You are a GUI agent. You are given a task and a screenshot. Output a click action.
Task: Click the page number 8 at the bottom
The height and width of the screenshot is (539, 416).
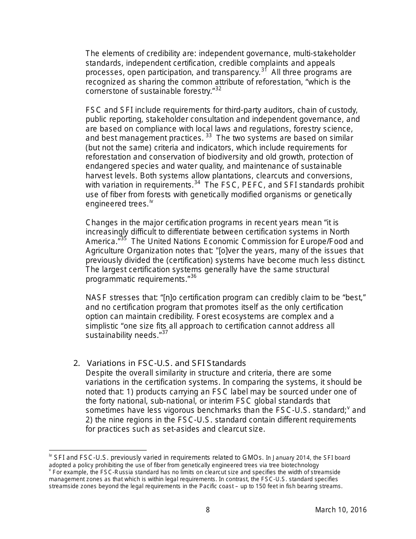(208, 510)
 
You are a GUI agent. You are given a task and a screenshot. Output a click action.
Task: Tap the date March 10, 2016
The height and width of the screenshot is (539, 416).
(341, 510)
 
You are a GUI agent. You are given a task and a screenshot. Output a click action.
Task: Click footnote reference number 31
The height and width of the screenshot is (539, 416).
(264, 70)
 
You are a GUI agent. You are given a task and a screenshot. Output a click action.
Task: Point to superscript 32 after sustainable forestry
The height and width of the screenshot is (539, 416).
(218, 89)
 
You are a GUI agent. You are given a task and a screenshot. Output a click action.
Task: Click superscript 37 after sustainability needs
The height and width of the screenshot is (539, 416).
(165, 333)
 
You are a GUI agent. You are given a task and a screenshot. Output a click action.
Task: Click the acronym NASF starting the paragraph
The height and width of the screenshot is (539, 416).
(96, 298)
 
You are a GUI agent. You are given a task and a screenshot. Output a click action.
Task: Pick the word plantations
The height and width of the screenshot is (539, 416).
(214, 176)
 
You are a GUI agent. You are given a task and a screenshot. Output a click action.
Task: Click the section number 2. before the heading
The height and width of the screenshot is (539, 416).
(77, 363)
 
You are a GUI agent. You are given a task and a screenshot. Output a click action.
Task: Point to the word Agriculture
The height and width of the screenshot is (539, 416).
(106, 251)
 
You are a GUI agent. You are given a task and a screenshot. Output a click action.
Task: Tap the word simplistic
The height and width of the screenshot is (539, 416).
(103, 326)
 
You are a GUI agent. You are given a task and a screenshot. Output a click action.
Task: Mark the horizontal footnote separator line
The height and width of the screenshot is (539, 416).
(98, 450)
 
